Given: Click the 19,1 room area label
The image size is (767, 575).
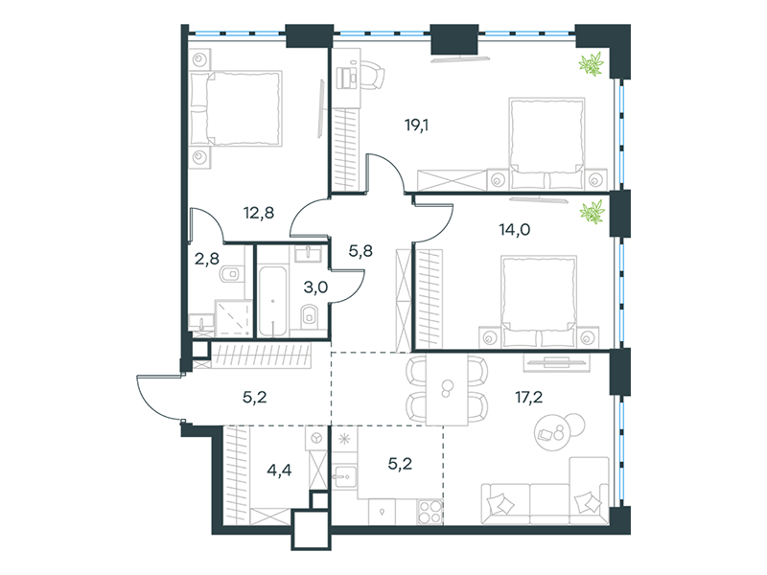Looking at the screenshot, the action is (416, 126).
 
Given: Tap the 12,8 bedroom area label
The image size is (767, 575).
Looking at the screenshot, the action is (259, 213).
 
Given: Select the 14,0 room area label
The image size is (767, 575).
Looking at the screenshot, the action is (515, 229).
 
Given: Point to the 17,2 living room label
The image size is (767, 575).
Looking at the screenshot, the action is (529, 397).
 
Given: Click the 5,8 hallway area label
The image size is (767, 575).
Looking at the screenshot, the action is (360, 251).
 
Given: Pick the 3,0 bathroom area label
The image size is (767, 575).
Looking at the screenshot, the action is (315, 287).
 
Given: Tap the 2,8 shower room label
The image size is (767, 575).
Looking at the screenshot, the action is (207, 258).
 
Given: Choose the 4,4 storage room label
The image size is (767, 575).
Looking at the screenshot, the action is (279, 471).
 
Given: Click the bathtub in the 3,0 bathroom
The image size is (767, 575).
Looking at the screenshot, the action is (272, 301).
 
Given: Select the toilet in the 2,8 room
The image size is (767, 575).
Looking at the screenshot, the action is (230, 274).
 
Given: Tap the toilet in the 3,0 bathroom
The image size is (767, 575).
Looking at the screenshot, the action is (309, 315).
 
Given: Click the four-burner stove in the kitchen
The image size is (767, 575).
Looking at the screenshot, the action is (430, 512).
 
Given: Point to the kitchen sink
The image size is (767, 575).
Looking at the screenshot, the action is (344, 475).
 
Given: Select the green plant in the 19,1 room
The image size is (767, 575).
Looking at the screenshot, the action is (591, 65).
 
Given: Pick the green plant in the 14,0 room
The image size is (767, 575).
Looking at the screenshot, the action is (592, 213).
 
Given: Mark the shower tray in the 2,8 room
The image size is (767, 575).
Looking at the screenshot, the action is (233, 318).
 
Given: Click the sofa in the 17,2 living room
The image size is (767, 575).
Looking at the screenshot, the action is (545, 492).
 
